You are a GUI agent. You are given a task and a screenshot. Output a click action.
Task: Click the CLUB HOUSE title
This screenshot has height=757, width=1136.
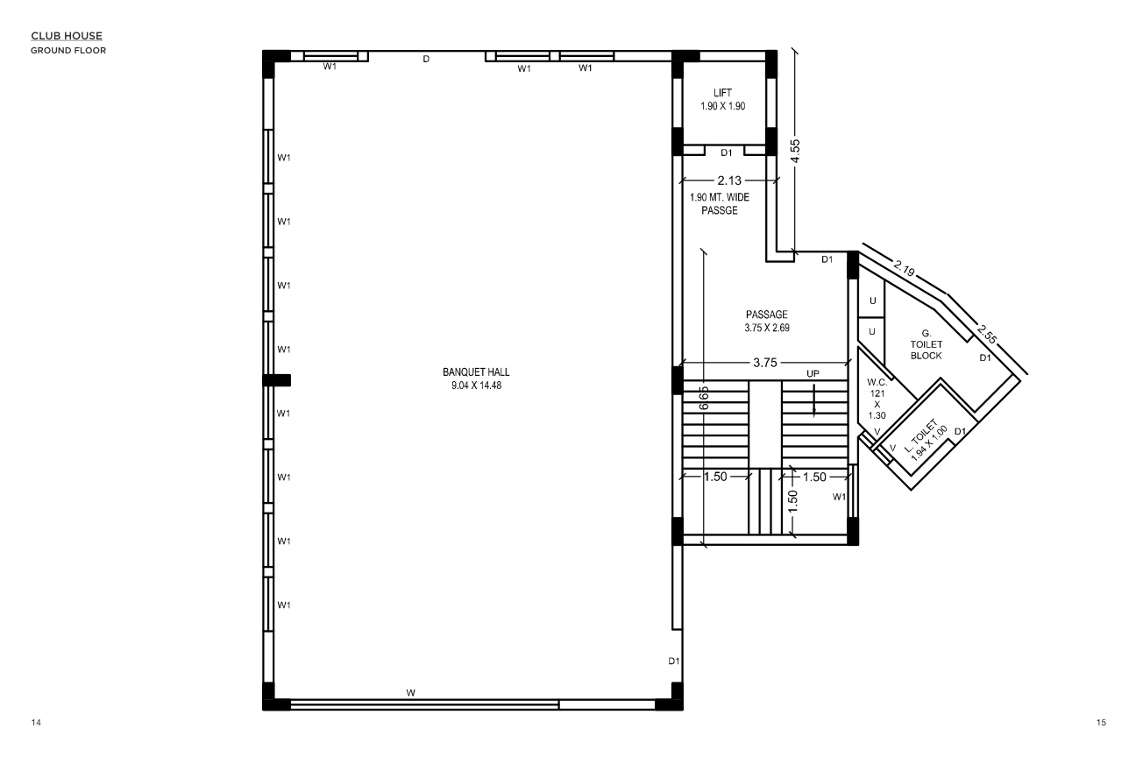pos(67,36)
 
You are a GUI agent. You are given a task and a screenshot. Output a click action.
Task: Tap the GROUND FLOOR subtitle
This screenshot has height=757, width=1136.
pos(68,51)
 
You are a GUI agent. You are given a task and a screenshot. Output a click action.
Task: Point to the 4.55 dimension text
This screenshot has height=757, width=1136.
pos(795,151)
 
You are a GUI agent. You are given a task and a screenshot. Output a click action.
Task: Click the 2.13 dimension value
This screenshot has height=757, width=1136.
pos(729,180)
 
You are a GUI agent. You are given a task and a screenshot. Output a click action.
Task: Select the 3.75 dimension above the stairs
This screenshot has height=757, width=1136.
pos(764,363)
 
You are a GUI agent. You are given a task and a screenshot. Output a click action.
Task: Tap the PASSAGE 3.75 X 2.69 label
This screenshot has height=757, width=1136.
pos(767,321)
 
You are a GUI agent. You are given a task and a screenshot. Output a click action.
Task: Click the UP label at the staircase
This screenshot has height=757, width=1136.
pos(813,374)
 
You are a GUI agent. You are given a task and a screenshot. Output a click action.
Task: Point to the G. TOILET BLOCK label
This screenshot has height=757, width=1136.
pos(926,345)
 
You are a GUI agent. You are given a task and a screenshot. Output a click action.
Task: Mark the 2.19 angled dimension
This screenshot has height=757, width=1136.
pos(905,268)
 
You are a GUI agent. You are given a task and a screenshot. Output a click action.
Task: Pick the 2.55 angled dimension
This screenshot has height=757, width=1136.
pos(987,334)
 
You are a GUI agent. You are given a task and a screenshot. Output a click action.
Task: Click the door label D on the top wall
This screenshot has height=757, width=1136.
pos(426,60)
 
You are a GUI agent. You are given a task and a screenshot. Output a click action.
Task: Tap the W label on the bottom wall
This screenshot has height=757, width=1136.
pos(411,693)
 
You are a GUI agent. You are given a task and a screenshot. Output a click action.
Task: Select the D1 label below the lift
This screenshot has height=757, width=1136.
pos(727,152)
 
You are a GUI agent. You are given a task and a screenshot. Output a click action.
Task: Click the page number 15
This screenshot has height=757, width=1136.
pos(1101,723)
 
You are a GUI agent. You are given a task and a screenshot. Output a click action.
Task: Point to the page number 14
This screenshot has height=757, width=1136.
pos(36,723)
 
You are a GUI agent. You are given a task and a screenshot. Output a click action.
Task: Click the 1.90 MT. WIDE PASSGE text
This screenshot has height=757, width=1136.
pos(720,204)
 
